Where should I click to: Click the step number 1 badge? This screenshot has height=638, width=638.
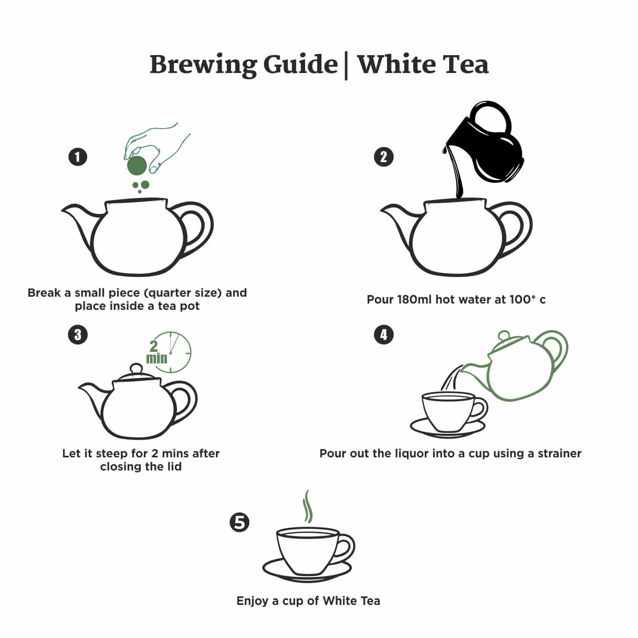(x=78, y=157)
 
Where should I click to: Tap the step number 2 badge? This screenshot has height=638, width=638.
(x=383, y=157)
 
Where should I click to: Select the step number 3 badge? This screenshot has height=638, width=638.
(x=78, y=334)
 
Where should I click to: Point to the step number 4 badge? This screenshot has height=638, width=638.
(x=383, y=334)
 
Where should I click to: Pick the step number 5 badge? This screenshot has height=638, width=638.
(x=239, y=522)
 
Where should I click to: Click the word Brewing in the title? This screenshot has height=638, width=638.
(x=204, y=65)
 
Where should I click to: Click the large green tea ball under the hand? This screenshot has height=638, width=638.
(x=137, y=165)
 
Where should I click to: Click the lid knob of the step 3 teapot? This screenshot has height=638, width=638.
(x=136, y=369)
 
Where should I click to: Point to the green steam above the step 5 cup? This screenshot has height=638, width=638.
(x=308, y=507)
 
